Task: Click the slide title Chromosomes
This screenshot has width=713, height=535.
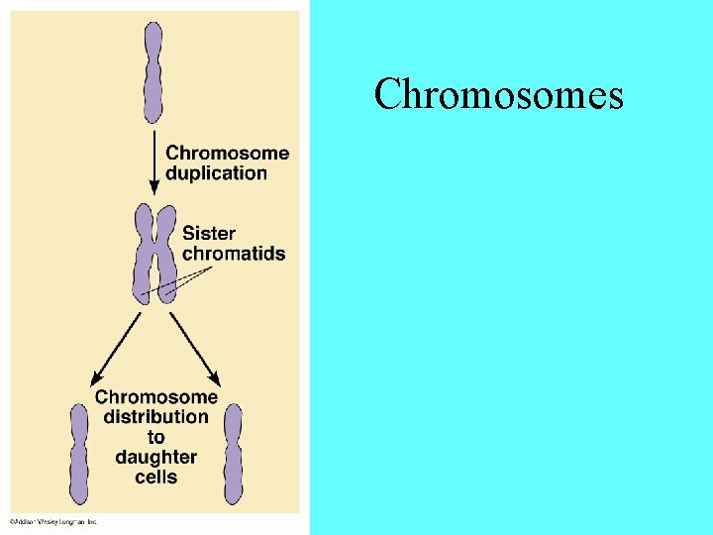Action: pyautogui.click(x=499, y=95)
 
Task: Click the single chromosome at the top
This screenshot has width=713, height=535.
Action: pyautogui.click(x=153, y=71)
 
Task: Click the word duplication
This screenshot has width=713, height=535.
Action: pyautogui.click(x=216, y=173)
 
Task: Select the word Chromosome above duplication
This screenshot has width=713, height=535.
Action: pyautogui.click(x=227, y=154)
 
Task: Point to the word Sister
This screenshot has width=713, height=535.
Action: pyautogui.click(x=209, y=234)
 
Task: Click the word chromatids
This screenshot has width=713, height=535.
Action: pyautogui.click(x=233, y=254)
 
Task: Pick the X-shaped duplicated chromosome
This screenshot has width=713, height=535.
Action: pyautogui.click(x=154, y=254)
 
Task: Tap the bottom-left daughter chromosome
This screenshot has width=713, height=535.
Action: pyautogui.click(x=79, y=455)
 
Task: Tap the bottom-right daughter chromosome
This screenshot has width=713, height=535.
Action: pyautogui.click(x=233, y=455)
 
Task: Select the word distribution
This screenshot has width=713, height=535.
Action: pyautogui.click(x=155, y=417)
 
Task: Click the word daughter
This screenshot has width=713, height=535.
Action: pyautogui.click(x=155, y=457)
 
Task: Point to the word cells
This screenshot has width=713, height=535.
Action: pyautogui.click(x=155, y=477)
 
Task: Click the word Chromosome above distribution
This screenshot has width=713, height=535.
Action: pyautogui.click(x=155, y=397)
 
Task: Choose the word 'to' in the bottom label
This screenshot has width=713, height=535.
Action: pyautogui.click(x=155, y=437)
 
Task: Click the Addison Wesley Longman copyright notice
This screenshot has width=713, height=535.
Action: pyautogui.click(x=53, y=521)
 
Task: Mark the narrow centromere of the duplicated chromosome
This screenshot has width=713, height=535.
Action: pyautogui.click(x=154, y=250)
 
